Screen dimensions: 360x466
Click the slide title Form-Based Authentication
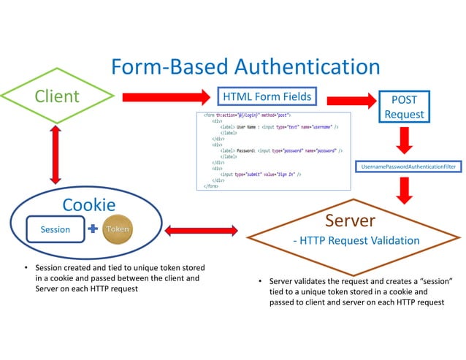(245, 67)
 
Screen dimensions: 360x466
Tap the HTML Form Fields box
(267, 96)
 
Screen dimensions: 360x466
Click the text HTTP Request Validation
(356, 240)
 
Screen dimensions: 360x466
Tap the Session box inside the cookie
(55, 229)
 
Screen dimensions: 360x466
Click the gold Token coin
(118, 229)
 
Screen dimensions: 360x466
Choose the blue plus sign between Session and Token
(92, 229)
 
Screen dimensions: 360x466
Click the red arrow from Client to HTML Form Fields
(165, 96)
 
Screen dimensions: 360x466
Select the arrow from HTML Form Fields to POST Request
(351, 100)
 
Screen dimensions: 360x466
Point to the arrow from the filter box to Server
(403, 189)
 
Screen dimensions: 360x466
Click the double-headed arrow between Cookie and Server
(202, 231)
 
